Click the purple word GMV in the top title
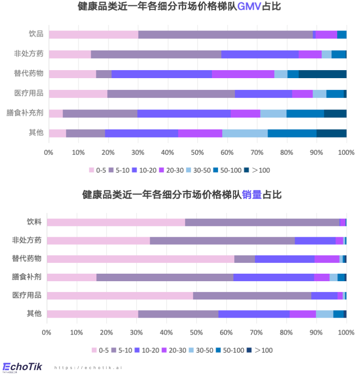point(249,7)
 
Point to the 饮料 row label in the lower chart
point(34,222)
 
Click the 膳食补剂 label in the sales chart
point(27,276)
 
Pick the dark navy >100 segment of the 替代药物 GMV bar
point(322,74)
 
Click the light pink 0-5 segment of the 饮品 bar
point(93,35)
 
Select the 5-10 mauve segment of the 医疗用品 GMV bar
point(171,94)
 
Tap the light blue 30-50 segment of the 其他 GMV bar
point(245,133)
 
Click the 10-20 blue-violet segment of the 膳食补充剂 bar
point(184,113)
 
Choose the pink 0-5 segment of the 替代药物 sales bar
point(140,259)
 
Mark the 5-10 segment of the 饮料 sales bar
point(262,222)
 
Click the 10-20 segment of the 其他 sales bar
point(254,314)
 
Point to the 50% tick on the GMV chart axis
point(197,153)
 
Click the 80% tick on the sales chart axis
point(286,332)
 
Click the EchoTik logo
point(22,367)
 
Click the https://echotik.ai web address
point(88,368)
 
